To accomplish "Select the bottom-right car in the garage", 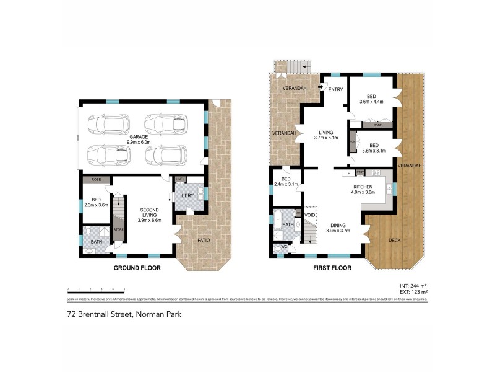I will click(x=166, y=154).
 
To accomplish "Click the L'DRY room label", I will click(x=187, y=197).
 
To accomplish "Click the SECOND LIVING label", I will click(x=150, y=214).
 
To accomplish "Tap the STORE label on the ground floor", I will click(x=117, y=231).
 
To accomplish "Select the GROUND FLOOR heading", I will click(x=137, y=268).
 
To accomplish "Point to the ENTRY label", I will click(x=335, y=90).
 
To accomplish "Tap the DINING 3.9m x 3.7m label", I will click(x=338, y=228).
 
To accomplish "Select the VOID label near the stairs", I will click(x=311, y=215).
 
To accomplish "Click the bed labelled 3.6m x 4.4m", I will click(x=371, y=99).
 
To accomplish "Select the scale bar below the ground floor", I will click(x=96, y=290).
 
